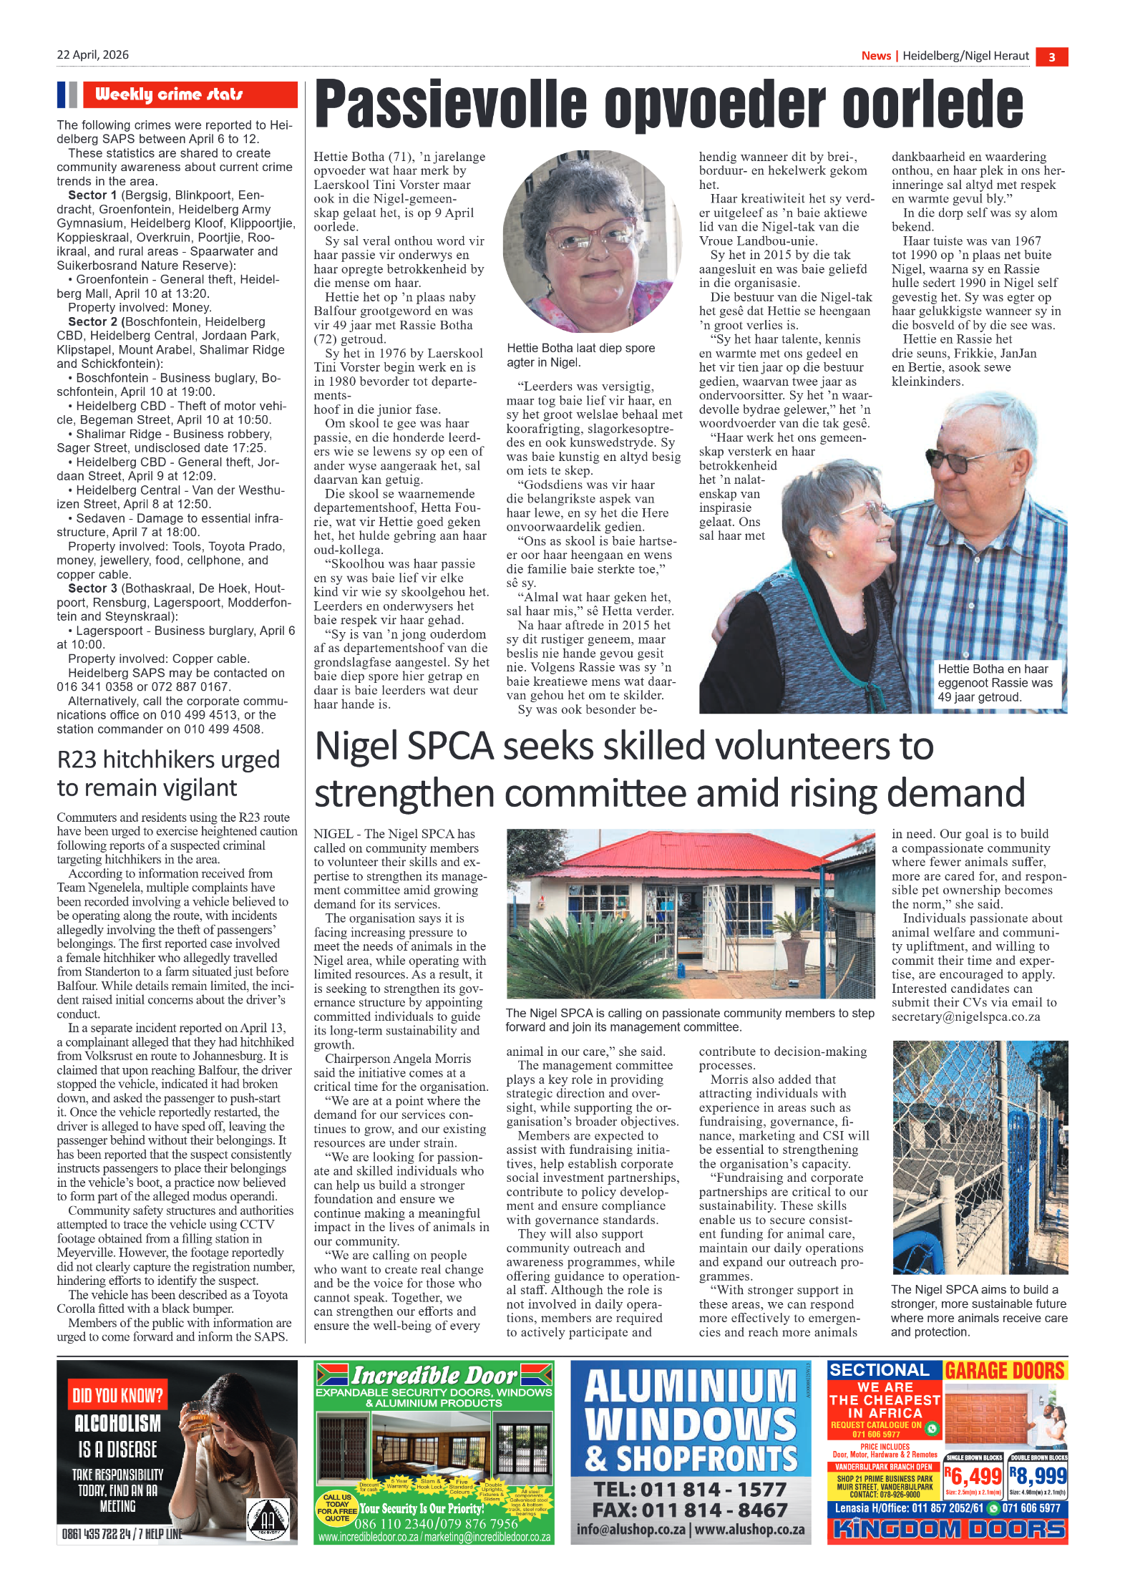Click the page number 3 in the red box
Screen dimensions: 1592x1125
click(1051, 57)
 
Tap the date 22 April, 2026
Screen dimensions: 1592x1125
click(93, 55)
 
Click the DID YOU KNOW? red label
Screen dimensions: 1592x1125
click(117, 1395)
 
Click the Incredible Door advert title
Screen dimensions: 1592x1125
click(434, 1375)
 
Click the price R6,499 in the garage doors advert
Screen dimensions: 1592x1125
click(974, 1476)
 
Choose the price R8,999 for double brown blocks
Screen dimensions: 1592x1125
click(1038, 1476)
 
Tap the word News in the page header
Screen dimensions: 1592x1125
click(876, 56)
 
